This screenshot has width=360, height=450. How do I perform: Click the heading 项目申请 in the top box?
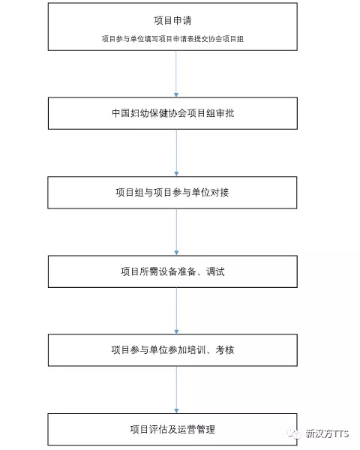point(172,20)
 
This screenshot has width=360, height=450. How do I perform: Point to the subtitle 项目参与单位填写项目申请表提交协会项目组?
point(172,39)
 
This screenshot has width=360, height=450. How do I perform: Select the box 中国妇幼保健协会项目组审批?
point(172,113)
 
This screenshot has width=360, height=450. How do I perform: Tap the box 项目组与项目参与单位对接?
point(172,193)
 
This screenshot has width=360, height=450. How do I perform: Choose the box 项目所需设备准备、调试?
point(172,271)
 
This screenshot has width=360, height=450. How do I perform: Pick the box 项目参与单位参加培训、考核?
point(172,350)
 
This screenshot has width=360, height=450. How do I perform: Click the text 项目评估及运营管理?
point(172,429)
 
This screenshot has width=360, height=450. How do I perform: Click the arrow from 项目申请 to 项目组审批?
point(176,74)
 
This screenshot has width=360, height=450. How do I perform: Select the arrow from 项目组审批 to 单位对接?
point(176,153)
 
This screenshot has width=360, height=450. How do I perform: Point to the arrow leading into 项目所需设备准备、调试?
point(176,232)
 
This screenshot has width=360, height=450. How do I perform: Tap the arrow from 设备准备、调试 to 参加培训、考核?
point(176,310)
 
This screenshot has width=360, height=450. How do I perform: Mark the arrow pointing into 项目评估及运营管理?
point(176,390)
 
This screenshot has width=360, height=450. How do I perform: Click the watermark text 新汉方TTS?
point(327,433)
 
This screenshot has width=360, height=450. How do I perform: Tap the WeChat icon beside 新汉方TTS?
point(293,433)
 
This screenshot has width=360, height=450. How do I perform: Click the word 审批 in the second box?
point(225,113)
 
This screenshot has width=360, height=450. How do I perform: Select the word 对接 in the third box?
point(220,193)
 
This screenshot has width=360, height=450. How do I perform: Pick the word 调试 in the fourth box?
point(215,271)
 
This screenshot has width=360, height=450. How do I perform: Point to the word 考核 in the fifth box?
point(225,350)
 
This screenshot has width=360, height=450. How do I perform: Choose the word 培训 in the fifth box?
point(196,350)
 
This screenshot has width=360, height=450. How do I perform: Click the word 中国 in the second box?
point(121,113)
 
